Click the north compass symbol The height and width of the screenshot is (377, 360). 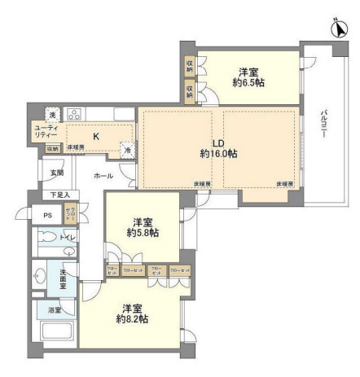(339, 28)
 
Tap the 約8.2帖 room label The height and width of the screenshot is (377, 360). (130, 313)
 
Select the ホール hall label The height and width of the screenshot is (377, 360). (103, 175)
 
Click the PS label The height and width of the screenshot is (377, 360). (48, 215)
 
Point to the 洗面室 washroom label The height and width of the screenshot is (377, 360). (64, 281)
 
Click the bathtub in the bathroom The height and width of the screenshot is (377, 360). (56, 335)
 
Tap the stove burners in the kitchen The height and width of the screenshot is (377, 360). (74, 114)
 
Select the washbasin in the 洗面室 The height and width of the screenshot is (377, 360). (41, 278)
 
